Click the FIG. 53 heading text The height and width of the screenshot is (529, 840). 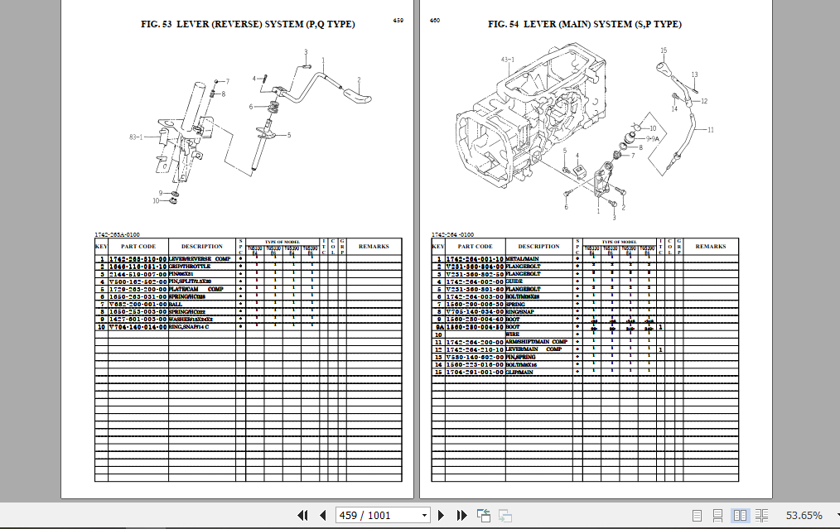coord(248,24)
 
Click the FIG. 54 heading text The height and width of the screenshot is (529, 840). coord(584,24)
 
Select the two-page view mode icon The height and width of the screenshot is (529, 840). coord(740,515)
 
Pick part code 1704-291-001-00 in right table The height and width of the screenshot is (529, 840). coord(475,372)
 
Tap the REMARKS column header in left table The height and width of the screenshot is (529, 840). coord(374,246)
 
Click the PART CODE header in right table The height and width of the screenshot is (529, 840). coord(475,246)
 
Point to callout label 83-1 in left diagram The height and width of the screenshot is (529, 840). coord(136,137)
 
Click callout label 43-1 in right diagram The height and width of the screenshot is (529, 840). coord(508,60)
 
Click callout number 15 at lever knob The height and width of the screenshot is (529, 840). coord(663,50)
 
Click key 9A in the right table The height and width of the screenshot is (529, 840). coord(438,327)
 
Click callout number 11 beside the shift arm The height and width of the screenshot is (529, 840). coord(710,129)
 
